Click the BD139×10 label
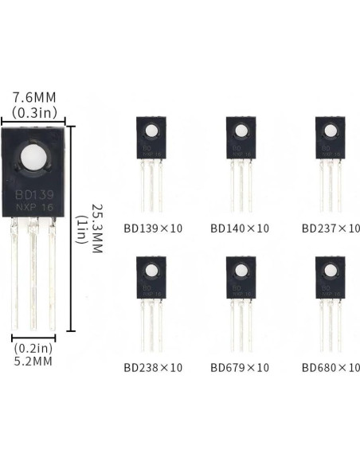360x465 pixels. (153, 228)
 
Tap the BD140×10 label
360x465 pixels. (240, 228)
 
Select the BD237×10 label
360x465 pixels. (331, 228)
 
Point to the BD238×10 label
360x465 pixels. (153, 367)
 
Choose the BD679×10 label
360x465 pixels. (240, 367)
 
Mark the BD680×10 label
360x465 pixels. (331, 367)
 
